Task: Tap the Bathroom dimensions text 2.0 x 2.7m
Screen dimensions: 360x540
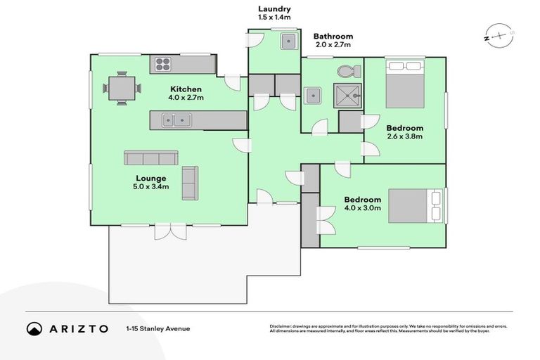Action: (333, 46)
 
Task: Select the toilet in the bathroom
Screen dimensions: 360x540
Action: (348, 71)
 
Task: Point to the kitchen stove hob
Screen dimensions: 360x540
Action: (163, 65)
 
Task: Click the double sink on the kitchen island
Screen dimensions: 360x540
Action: (175, 120)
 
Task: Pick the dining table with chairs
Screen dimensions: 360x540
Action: (122, 89)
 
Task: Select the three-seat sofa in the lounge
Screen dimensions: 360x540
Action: (150, 157)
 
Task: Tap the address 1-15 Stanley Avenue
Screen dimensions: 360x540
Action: (158, 328)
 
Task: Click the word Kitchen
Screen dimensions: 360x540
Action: (186, 89)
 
